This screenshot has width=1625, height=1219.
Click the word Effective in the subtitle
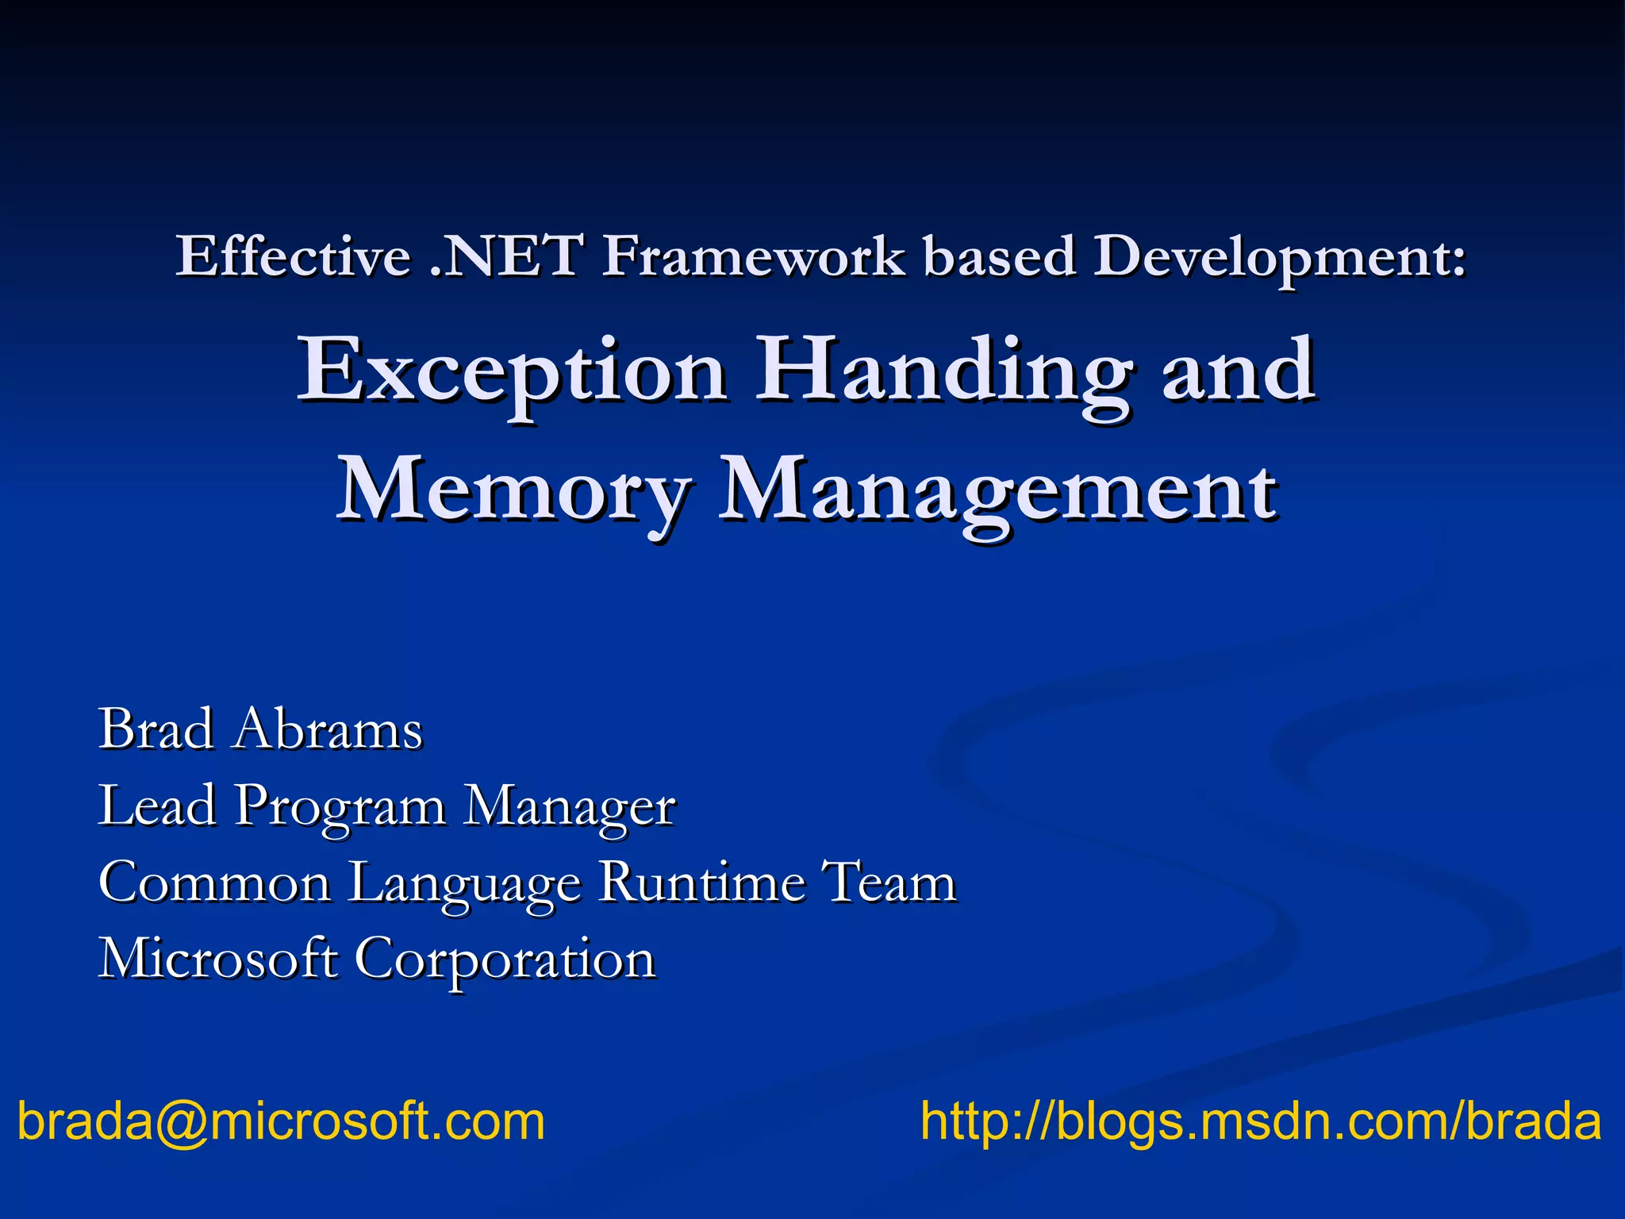tap(293, 256)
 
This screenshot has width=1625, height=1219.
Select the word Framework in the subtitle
tap(753, 256)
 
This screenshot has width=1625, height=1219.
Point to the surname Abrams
tap(327, 729)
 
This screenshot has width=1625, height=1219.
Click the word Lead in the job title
tap(156, 806)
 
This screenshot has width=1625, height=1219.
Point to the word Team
tap(889, 883)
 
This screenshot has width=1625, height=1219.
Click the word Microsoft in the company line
tap(217, 959)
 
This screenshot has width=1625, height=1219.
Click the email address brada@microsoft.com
tap(281, 1122)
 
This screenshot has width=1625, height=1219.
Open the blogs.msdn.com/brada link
tap(1260, 1122)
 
